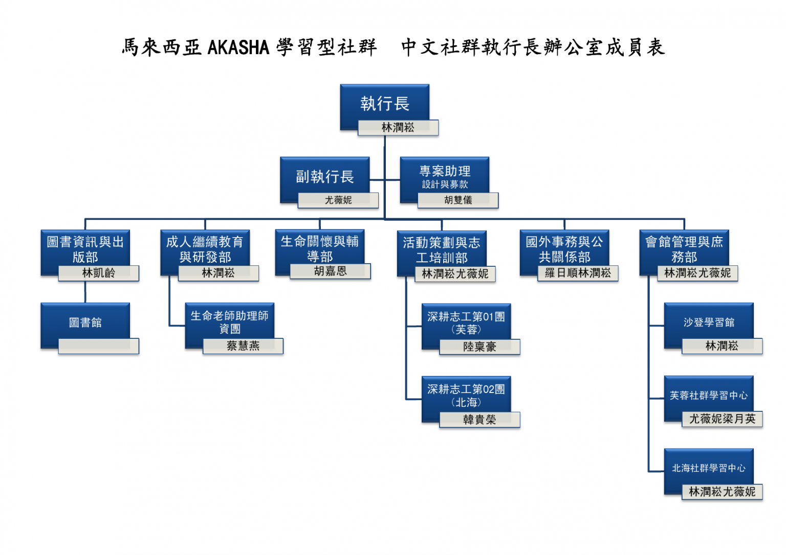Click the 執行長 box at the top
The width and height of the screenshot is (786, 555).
click(384, 104)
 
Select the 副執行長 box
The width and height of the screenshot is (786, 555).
click(324, 176)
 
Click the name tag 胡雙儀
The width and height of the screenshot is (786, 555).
click(458, 200)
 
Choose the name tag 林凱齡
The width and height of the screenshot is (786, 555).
click(99, 273)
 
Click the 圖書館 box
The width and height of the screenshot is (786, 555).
click(85, 322)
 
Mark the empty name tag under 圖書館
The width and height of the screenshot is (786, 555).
click(99, 346)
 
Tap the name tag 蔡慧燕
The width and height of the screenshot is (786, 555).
click(243, 346)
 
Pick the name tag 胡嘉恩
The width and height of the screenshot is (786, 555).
click(330, 271)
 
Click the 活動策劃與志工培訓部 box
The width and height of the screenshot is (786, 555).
click(441, 249)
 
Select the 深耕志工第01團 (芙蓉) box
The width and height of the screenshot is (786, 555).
click(466, 322)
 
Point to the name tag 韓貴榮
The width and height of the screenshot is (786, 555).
click(479, 420)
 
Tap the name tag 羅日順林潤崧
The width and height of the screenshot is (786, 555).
click(578, 273)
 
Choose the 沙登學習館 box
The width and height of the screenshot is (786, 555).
click(708, 322)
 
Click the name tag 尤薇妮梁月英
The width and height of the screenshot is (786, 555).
click(722, 419)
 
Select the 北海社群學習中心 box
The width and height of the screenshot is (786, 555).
click(708, 468)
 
